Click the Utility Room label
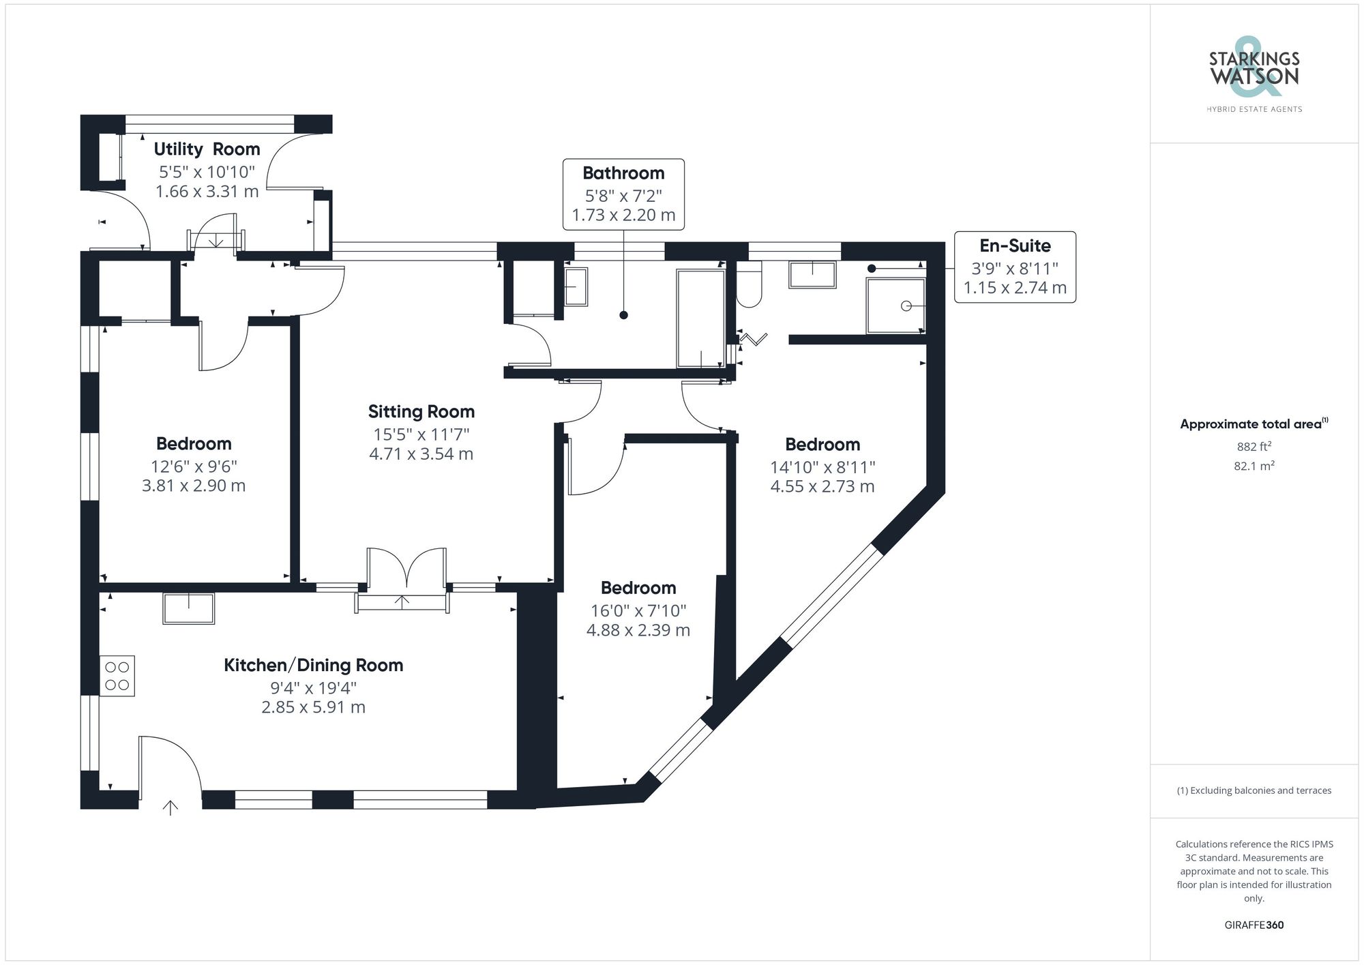tap(207, 149)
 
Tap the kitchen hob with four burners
tap(117, 676)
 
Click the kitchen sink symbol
tap(188, 608)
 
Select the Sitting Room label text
tap(421, 411)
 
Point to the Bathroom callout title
tap(623, 173)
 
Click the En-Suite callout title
tap(1014, 246)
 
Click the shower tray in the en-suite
tap(895, 306)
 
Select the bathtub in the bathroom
tap(700, 318)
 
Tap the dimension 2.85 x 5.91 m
tap(313, 707)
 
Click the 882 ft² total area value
tap(1254, 447)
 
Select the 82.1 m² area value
tap(1254, 466)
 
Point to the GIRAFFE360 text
tap(1254, 925)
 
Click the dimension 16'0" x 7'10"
tap(638, 610)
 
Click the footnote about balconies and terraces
tap(1254, 790)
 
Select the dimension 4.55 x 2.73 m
tap(822, 486)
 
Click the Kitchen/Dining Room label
tap(313, 665)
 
